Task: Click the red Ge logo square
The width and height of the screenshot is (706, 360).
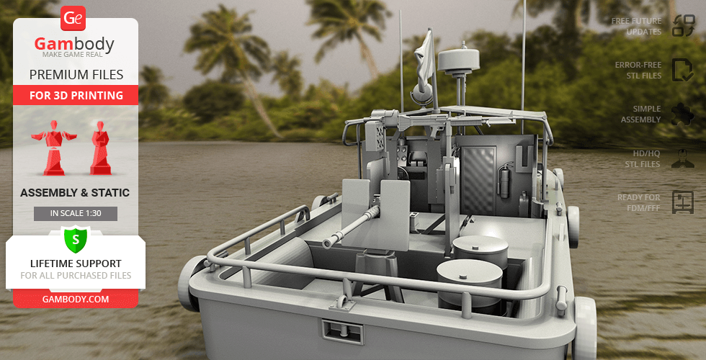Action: [x=73, y=18]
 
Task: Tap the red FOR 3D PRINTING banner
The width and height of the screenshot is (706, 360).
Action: [x=76, y=95]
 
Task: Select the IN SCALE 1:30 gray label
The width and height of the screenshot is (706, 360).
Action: [x=76, y=214]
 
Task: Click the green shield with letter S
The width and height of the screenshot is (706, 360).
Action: [x=76, y=239]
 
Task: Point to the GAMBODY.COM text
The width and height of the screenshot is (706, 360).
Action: [x=76, y=299]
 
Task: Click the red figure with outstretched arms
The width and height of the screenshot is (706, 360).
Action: [x=53, y=148]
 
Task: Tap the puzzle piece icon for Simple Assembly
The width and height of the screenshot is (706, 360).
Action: [x=683, y=114]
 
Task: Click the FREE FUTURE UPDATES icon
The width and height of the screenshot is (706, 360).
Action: [x=684, y=25]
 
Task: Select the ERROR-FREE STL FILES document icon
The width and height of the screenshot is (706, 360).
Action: [x=683, y=70]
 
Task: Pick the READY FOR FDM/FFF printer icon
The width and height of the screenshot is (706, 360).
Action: [x=683, y=202]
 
